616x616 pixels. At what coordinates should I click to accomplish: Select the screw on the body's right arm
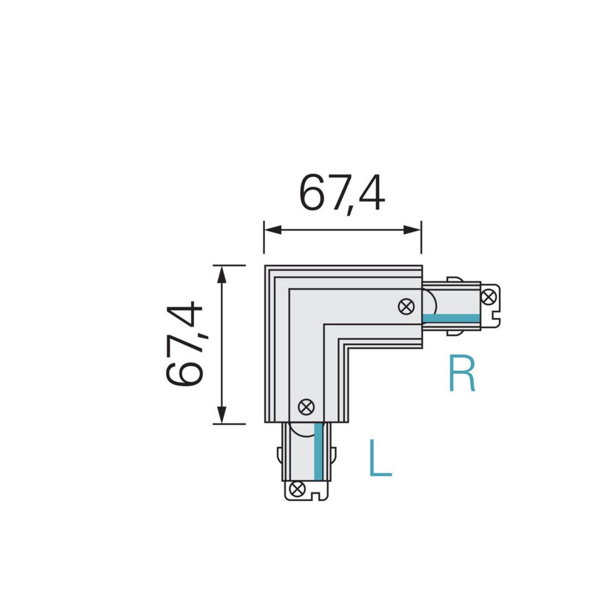click(406, 306)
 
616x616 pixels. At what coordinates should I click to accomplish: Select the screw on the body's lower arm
click(306, 407)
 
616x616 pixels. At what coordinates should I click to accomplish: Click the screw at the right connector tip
click(488, 297)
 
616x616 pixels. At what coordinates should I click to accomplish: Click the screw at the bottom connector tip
click(297, 489)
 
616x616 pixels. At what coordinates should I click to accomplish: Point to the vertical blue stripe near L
click(318, 451)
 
